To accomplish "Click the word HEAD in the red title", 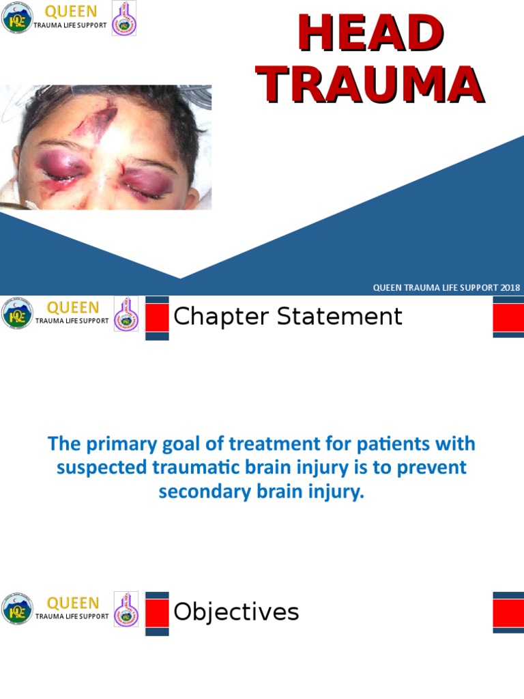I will [x=370, y=34].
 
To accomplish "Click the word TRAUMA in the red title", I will [x=370, y=85].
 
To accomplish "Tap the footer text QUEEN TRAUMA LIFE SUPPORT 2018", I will [x=446, y=287].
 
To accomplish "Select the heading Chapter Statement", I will [x=288, y=317].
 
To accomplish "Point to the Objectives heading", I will [x=236, y=612].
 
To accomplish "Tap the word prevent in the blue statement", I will [x=433, y=468].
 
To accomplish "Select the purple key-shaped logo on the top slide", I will [x=123, y=18].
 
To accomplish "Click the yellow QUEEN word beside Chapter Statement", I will [x=72, y=308].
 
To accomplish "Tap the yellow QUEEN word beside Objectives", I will [x=72, y=603].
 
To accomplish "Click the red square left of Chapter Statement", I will [x=157, y=317].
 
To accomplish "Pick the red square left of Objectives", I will [x=157, y=613].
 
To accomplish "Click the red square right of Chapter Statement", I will [x=508, y=317].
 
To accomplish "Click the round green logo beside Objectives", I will [x=17, y=610].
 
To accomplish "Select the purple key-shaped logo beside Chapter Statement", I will [x=126, y=314].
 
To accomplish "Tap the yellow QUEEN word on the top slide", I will [x=71, y=12].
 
